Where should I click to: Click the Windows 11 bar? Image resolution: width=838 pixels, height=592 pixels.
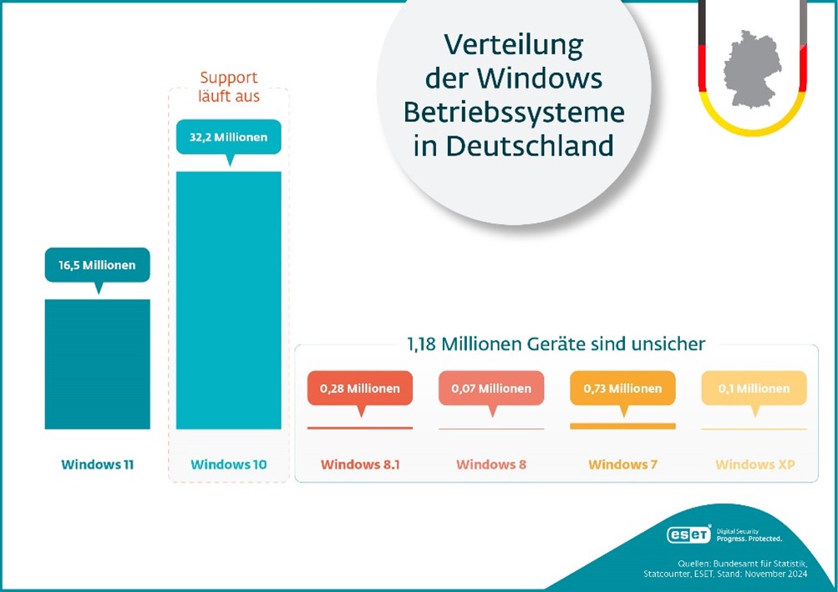97,364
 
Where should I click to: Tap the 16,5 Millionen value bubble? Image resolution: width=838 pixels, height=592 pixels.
97,265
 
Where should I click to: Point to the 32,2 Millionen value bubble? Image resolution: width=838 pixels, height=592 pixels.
228,136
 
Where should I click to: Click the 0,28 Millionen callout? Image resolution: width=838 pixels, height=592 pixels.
359,388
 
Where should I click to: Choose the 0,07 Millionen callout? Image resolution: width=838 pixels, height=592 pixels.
491,388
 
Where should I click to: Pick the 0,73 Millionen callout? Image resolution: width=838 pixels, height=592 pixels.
622,388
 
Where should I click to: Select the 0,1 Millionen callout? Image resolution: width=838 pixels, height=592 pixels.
754,388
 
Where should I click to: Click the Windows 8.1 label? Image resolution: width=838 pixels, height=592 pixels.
359,464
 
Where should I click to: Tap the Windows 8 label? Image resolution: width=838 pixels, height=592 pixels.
491,464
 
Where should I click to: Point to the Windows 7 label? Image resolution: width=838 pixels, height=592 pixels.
622,464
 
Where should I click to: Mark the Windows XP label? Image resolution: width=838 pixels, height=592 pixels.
754,464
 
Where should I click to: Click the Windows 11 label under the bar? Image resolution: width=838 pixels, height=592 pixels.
97,464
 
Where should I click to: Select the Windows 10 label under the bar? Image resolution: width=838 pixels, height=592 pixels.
228,464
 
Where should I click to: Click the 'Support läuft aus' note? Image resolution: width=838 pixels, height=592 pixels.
228,88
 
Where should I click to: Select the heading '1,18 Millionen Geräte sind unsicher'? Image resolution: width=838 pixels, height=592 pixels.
556,344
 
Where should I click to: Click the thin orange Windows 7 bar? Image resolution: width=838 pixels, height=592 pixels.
622,426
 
